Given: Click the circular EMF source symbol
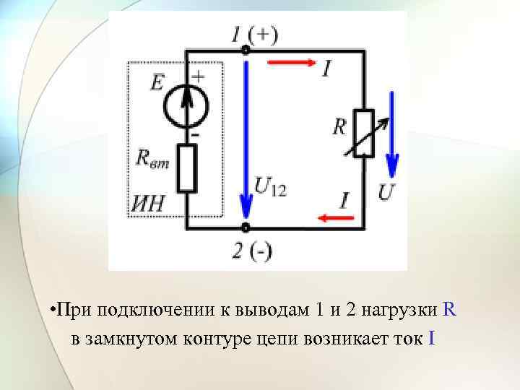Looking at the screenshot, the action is click(186, 106).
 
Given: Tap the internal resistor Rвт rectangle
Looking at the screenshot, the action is click(187, 168).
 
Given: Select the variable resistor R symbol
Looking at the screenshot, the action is click(363, 134).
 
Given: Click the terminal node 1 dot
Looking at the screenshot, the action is click(246, 51).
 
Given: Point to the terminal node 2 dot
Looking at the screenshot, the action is click(246, 227).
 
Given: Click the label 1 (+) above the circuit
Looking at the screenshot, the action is click(253, 33).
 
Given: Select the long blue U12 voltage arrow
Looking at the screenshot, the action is click(246, 137).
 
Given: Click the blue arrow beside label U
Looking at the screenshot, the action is click(393, 134).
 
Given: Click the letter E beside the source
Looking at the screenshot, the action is click(157, 84).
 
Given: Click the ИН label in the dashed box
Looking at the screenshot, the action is click(147, 204).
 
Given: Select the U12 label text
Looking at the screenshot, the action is click(270, 189).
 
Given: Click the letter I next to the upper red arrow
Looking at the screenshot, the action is click(328, 69).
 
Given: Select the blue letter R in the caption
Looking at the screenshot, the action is click(449, 310).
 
